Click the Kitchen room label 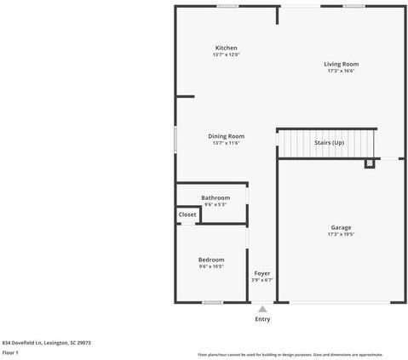click(x=226, y=48)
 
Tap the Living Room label click(x=341, y=64)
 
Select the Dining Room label click(x=226, y=136)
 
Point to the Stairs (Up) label click(x=329, y=143)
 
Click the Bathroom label click(x=215, y=197)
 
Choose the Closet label click(x=187, y=214)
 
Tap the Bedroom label click(x=211, y=260)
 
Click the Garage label click(x=341, y=227)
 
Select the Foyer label click(x=262, y=273)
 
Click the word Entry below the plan click(x=262, y=319)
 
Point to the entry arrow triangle click(x=262, y=309)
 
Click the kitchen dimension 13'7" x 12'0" click(x=226, y=55)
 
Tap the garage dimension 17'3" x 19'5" click(x=341, y=234)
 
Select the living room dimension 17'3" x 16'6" click(x=341, y=71)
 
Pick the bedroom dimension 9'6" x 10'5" click(x=211, y=266)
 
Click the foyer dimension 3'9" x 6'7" click(x=262, y=280)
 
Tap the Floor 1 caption click(x=10, y=352)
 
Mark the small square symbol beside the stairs click(x=370, y=163)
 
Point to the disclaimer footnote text click(x=290, y=354)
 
